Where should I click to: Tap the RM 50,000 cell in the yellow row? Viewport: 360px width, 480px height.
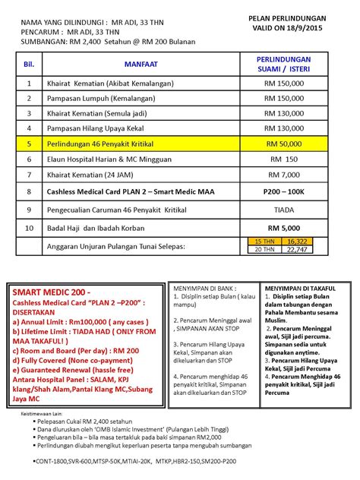click(283, 142)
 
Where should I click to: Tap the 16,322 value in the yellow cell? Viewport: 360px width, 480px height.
click(295, 241)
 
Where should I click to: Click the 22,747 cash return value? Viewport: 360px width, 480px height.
click(295, 249)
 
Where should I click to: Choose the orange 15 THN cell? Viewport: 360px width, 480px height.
click(264, 241)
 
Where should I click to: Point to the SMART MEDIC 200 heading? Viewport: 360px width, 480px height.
click(50, 292)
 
